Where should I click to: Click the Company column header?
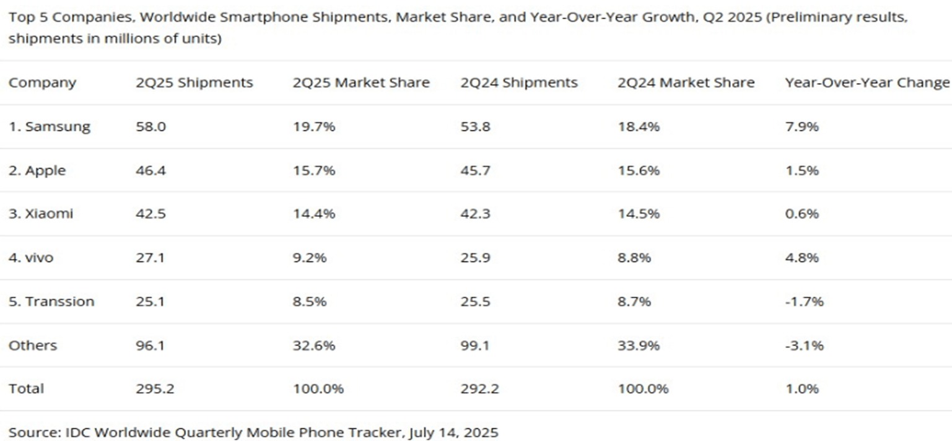pos(42,83)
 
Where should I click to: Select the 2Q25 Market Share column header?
pos(360,83)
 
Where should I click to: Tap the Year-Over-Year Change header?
pos(867,83)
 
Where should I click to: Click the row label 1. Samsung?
pos(49,127)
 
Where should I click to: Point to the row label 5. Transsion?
pos(51,302)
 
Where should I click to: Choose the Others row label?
pos(32,346)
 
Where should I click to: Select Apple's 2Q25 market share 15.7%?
pos(313,170)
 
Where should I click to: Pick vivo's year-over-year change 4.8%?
pos(801,258)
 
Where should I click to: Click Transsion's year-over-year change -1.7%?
pos(804,302)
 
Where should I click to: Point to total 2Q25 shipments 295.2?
pos(155,389)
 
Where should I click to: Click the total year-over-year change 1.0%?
pos(801,389)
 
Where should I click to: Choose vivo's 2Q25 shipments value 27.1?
pos(149,258)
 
